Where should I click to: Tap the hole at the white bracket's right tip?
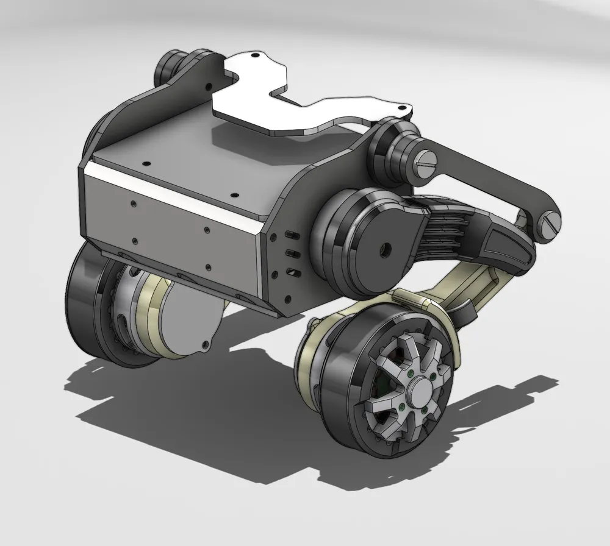point(401,108)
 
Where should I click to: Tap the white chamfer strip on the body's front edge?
point(171,189)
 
